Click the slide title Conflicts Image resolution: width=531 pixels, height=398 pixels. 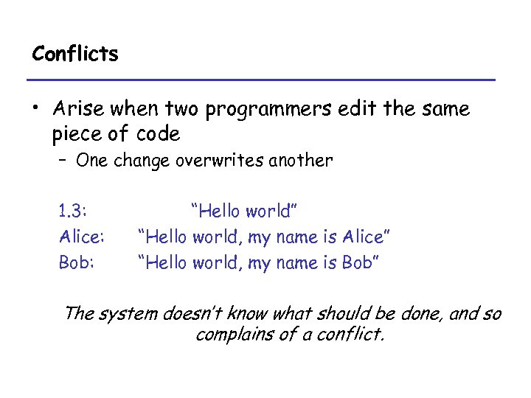point(75,54)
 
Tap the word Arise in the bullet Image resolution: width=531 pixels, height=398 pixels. point(79,109)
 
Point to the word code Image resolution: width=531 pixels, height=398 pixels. point(159,134)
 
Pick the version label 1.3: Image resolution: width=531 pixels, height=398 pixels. point(73,212)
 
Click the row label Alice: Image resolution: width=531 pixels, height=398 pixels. point(81,237)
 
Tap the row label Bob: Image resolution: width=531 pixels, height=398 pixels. point(77,262)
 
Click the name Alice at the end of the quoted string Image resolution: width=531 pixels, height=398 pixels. point(364,237)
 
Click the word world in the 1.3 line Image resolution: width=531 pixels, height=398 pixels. point(268,212)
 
